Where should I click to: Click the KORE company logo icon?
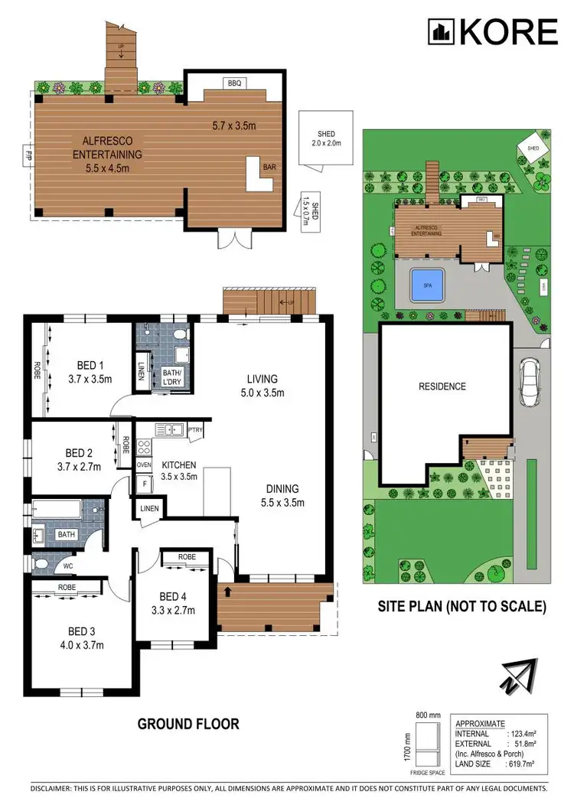click(441, 31)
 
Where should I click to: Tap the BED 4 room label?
click(173, 598)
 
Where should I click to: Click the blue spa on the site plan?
click(427, 285)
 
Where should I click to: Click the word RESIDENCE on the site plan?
click(442, 386)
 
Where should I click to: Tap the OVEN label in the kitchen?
click(143, 464)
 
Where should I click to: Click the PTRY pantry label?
click(196, 430)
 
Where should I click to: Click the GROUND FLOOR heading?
click(188, 723)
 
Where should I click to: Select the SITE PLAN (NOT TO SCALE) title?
click(461, 607)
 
